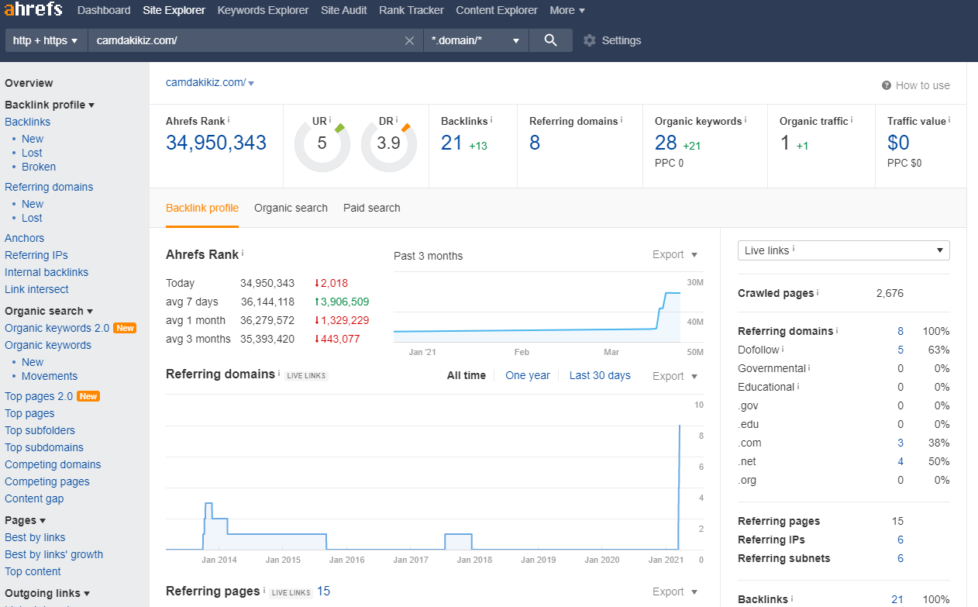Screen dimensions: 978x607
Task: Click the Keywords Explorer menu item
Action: [263, 10]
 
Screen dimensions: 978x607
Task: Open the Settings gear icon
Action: [590, 40]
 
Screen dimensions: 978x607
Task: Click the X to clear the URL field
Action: [409, 40]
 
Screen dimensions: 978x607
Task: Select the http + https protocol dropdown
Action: [46, 40]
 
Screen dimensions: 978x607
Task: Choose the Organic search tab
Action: [291, 208]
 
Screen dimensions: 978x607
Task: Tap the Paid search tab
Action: [371, 208]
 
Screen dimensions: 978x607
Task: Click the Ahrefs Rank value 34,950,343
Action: [216, 143]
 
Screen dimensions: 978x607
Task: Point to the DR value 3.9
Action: [388, 143]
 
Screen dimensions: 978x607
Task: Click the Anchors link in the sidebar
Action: [25, 238]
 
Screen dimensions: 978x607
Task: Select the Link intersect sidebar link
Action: [36, 289]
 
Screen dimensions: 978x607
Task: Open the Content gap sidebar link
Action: [34, 498]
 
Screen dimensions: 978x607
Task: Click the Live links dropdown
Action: [843, 250]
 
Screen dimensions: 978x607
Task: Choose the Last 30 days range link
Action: [600, 375]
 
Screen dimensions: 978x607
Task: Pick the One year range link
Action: [528, 375]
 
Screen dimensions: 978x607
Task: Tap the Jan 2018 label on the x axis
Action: [474, 560]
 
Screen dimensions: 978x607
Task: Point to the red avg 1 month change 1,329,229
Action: [342, 320]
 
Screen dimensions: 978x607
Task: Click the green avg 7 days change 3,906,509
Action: [342, 302]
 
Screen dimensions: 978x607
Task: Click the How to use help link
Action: [916, 85]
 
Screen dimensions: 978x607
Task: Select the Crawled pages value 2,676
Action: [890, 294]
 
